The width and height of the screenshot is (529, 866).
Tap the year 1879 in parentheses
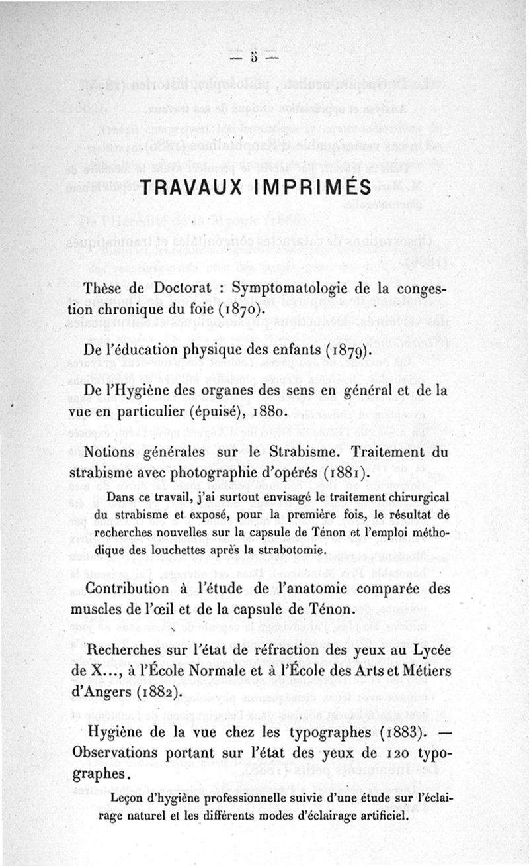(343, 349)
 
